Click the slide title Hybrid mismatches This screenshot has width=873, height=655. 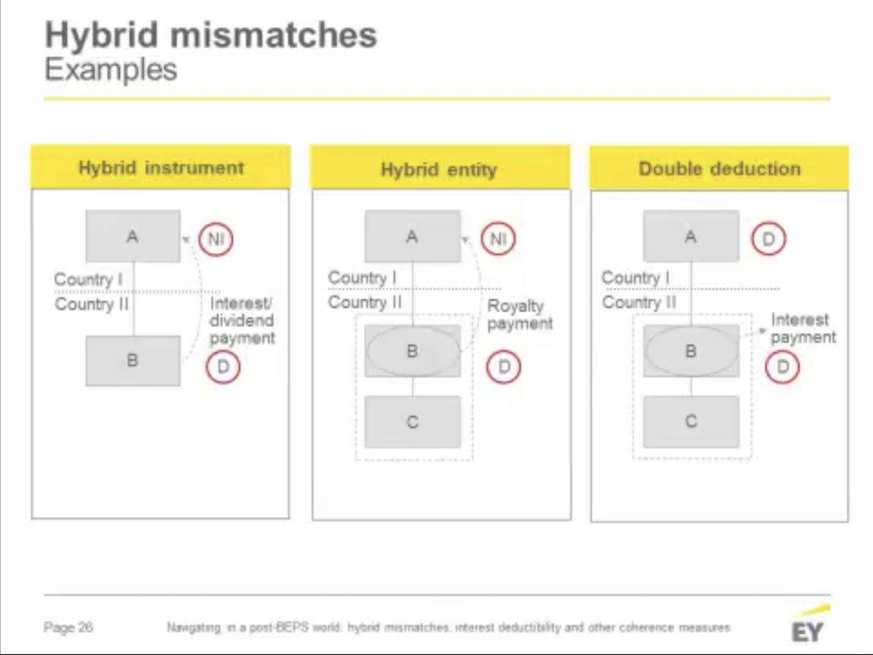point(210,35)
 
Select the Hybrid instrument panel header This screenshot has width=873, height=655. point(161,168)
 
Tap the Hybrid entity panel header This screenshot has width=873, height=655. point(439,168)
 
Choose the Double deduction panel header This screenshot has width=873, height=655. point(719,168)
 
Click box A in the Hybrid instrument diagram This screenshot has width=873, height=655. point(133,237)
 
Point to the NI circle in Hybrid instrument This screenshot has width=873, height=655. point(216,239)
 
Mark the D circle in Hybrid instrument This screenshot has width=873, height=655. point(223,367)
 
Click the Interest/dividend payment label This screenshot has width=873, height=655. point(242,321)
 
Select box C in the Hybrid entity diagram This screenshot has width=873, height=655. point(412,422)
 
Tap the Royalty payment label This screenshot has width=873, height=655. point(519,315)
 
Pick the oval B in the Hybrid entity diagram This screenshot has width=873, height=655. point(412,351)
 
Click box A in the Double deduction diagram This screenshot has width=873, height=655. point(691,237)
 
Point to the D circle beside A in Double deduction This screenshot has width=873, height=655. point(768,239)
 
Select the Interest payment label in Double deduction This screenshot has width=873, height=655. point(803,328)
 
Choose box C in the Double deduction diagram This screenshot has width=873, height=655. point(691,422)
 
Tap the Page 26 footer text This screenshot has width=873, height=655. point(68,628)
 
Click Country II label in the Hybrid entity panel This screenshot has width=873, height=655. point(365,302)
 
